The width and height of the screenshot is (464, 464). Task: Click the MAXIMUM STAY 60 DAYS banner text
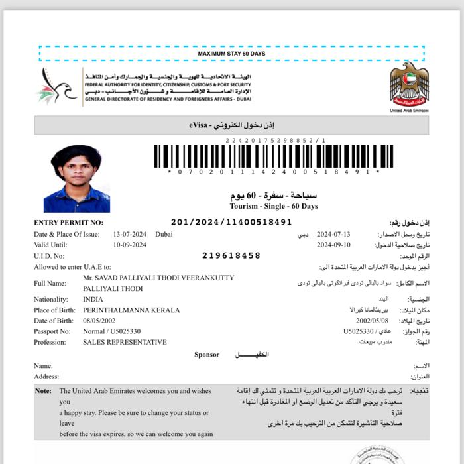click(x=231, y=53)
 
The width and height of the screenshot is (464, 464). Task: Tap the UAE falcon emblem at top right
click(x=409, y=84)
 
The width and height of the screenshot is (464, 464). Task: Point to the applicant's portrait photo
click(x=76, y=178)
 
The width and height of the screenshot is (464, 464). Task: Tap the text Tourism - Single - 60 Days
click(x=273, y=206)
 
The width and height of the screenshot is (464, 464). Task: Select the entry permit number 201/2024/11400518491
click(x=231, y=223)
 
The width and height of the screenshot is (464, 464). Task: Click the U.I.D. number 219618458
click(x=231, y=255)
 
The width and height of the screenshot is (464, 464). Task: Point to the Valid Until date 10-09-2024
click(x=129, y=245)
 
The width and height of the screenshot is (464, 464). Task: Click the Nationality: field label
click(x=51, y=300)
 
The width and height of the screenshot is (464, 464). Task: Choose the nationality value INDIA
click(x=93, y=300)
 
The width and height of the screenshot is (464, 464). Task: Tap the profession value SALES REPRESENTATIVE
click(x=125, y=342)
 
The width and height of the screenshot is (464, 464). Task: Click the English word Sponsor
click(x=206, y=355)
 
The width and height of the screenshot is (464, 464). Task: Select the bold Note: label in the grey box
click(x=43, y=391)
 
